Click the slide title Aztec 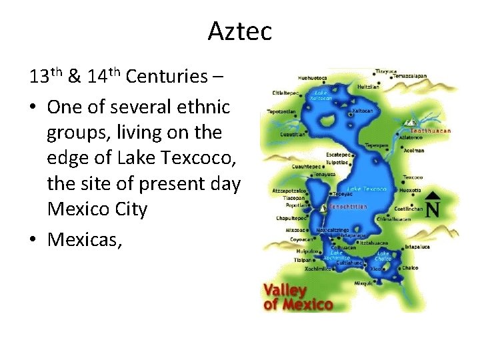[239, 31]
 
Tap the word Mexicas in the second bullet [84, 240]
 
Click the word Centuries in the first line [167, 77]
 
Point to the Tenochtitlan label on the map [348, 207]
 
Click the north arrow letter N [433, 210]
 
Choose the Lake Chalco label [383, 257]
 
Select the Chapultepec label [291, 218]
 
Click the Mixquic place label [364, 283]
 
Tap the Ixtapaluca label [419, 247]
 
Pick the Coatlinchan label [409, 209]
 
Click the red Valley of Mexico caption [297, 298]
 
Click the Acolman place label [413, 151]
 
